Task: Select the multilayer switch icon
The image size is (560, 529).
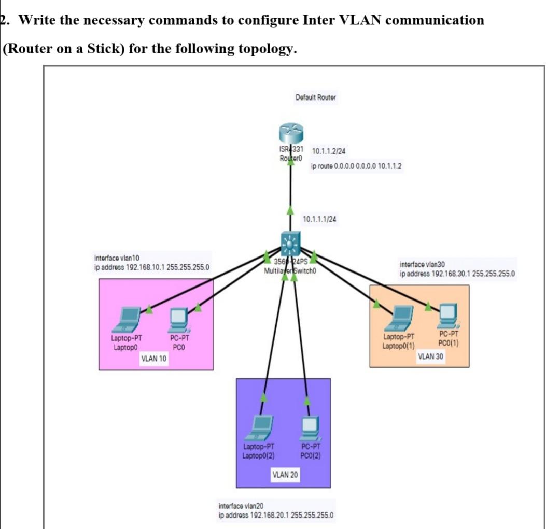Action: click(x=291, y=242)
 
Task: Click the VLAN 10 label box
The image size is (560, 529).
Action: click(x=154, y=359)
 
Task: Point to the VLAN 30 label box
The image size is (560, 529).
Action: click(x=431, y=356)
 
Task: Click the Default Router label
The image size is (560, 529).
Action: click(x=315, y=97)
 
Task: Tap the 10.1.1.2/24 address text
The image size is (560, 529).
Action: click(x=329, y=151)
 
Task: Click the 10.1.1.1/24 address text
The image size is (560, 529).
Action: click(x=319, y=219)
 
